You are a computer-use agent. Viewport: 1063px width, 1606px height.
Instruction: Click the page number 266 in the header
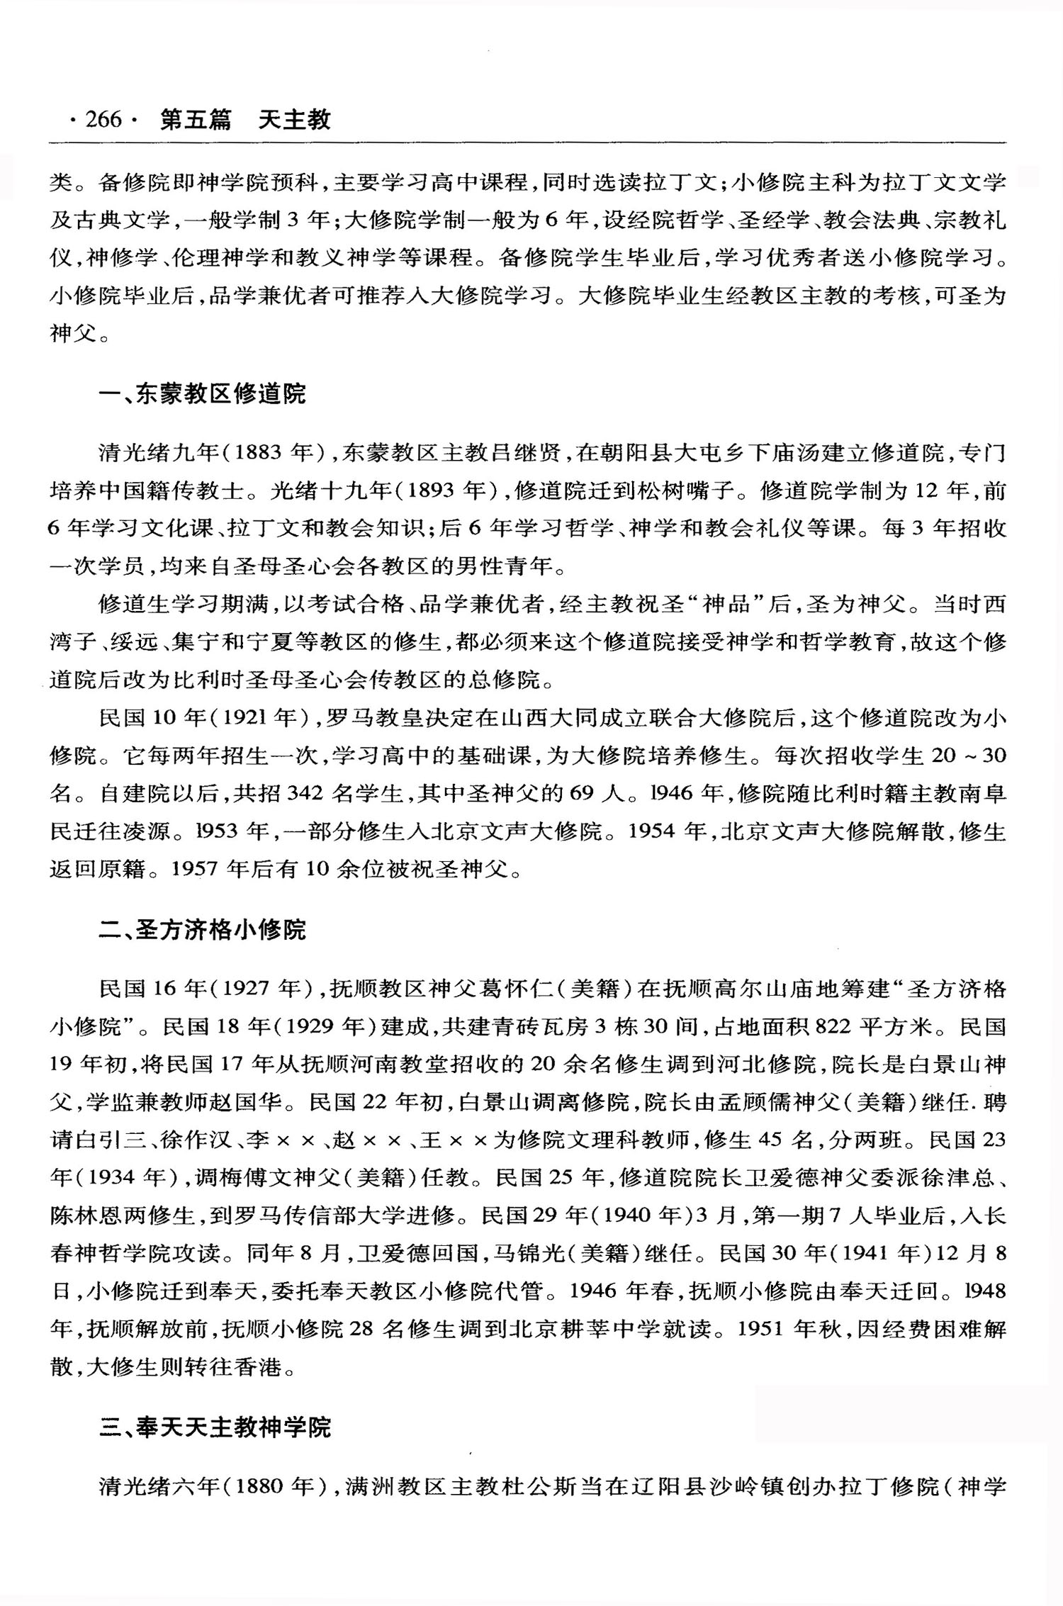point(103,120)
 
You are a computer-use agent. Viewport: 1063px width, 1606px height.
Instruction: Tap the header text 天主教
point(294,120)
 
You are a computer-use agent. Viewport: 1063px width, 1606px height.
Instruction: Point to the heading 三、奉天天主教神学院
point(215,1427)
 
